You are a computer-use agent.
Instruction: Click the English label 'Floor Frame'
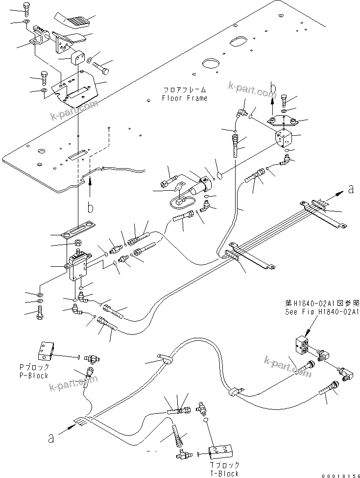point(185,98)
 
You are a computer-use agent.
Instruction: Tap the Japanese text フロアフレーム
point(185,91)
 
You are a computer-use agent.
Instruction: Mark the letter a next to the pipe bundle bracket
point(350,189)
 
